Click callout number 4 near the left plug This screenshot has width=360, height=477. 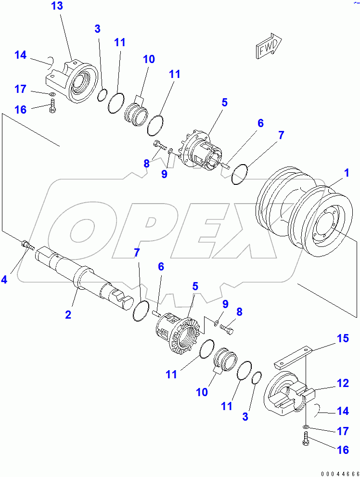point(4,279)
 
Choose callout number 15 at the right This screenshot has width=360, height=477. point(343,339)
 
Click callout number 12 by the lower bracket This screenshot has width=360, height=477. point(343,384)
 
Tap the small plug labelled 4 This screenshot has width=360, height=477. point(27,245)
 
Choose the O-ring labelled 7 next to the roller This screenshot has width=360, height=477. point(240,174)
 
